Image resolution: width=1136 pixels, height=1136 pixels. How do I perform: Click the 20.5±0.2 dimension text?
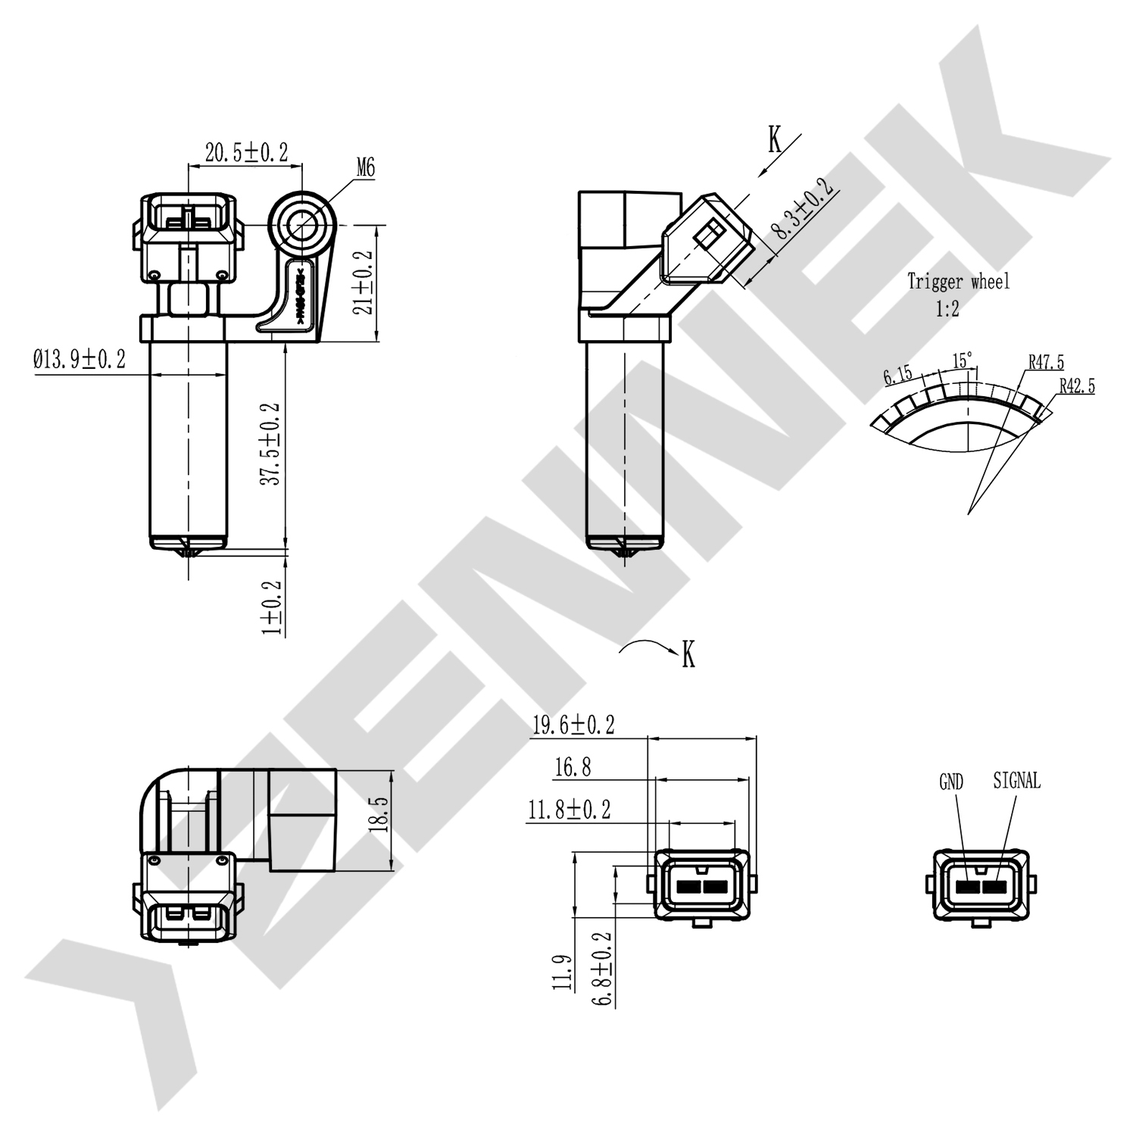[x=246, y=152]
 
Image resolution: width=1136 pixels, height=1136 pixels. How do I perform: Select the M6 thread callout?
[x=365, y=168]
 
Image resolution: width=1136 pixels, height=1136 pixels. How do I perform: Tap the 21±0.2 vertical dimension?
[x=364, y=282]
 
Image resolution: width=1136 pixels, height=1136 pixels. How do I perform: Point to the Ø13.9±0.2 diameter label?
[x=80, y=359]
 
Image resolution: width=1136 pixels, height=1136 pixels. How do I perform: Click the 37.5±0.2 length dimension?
[x=270, y=444]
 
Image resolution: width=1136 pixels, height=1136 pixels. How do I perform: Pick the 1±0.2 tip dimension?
[x=271, y=607]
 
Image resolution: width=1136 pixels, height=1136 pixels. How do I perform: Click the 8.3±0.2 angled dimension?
[x=801, y=209]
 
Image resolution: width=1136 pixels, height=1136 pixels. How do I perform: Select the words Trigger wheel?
[x=958, y=282]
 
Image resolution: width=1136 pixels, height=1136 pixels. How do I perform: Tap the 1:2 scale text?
[x=947, y=309]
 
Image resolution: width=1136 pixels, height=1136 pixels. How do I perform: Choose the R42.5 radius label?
[x=1076, y=386]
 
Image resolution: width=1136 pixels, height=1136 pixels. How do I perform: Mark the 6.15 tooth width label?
[x=897, y=376]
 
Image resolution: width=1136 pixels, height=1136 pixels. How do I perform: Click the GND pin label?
[x=950, y=782]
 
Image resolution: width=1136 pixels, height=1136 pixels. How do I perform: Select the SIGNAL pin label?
[x=1016, y=780]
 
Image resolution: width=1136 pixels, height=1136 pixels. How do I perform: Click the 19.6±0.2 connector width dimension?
[x=573, y=726]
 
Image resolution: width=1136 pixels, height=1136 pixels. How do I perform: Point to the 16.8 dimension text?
[x=573, y=768]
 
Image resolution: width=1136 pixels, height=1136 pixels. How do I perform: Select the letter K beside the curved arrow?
[x=688, y=654]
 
